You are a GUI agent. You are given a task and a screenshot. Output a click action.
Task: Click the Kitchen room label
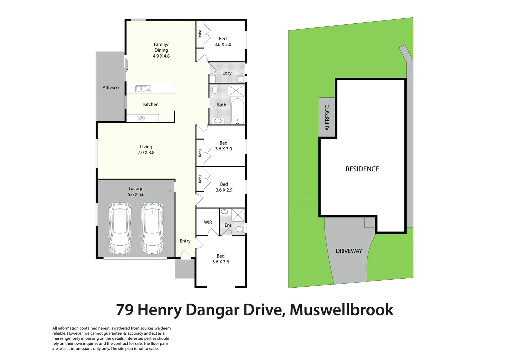[x=151, y=104]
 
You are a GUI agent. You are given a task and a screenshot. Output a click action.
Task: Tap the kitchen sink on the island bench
[x=143, y=89]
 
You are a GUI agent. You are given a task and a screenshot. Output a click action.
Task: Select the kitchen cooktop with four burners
[x=141, y=118]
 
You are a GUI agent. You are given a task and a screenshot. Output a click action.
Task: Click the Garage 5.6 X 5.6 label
[x=136, y=192]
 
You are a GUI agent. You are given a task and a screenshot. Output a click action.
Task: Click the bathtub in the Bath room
[x=237, y=111]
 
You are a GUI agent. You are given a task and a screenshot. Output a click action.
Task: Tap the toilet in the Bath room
[x=215, y=89]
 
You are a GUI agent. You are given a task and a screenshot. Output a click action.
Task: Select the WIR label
[x=208, y=222]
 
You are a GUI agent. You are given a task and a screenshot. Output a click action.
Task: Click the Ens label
[x=228, y=225]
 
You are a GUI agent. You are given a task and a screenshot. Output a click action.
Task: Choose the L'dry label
[x=227, y=73]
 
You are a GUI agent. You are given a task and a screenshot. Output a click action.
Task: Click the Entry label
[x=185, y=241]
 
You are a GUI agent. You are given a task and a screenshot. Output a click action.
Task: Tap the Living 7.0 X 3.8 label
[x=146, y=150]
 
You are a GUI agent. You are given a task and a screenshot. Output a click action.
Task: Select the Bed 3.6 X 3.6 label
[x=221, y=259]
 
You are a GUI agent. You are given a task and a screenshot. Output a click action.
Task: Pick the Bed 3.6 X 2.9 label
[x=224, y=187]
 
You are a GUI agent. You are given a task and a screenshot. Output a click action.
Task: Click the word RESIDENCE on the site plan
[x=362, y=169]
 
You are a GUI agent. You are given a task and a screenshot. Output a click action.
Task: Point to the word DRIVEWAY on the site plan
[x=349, y=251]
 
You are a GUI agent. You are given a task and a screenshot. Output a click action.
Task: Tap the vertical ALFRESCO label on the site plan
[x=327, y=117]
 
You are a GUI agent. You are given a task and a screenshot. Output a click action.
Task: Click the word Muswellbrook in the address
[x=341, y=310]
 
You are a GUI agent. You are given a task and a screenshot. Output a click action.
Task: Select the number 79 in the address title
[x=125, y=310]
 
